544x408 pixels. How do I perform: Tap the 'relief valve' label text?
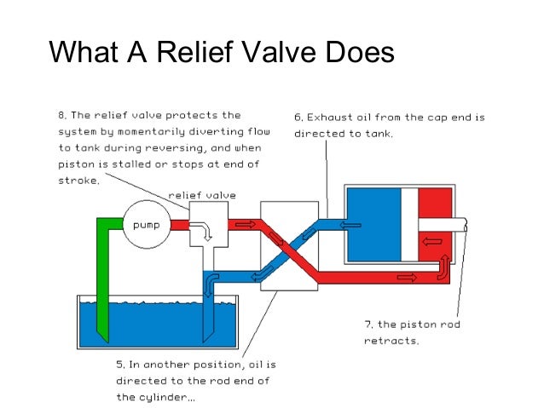201,195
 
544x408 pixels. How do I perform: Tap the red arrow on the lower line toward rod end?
405,278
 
